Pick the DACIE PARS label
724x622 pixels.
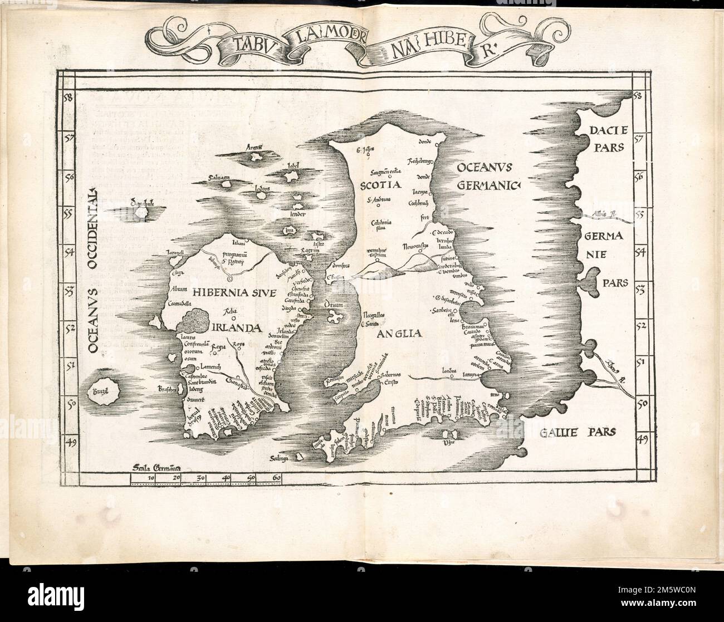[606, 139]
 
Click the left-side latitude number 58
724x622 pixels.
[69, 99]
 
